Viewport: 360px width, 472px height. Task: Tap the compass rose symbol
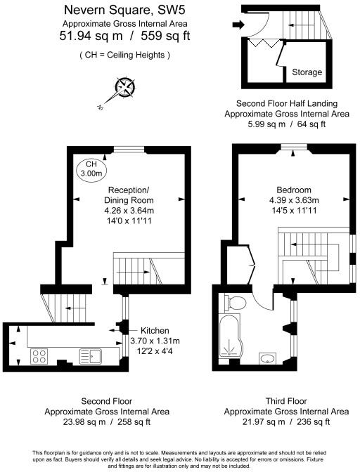125,88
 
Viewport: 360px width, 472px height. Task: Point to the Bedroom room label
294,190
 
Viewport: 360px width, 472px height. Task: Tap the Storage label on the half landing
307,72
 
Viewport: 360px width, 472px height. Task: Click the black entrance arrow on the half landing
239,26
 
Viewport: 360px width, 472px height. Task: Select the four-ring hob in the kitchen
40,357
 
